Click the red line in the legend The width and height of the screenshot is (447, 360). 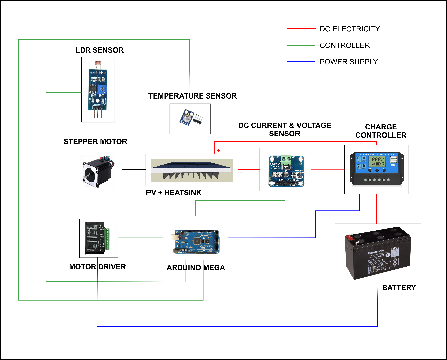[x=301, y=29]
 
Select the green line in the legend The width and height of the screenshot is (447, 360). [x=301, y=45]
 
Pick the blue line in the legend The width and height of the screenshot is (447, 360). [x=301, y=62]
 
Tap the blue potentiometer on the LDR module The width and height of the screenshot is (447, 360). [x=103, y=89]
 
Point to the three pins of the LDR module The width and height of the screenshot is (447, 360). [x=99, y=113]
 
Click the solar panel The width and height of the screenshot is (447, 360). [x=192, y=170]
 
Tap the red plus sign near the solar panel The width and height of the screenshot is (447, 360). [x=218, y=150]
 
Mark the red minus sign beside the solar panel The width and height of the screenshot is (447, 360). [x=241, y=172]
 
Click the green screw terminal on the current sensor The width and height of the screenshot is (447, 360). [x=286, y=161]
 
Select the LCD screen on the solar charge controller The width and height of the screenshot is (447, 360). [x=376, y=162]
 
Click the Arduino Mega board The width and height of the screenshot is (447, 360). [x=195, y=242]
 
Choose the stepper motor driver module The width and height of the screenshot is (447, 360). [x=98, y=238]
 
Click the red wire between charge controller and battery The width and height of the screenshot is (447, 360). [x=376, y=208]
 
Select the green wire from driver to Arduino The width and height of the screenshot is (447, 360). [x=140, y=238]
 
